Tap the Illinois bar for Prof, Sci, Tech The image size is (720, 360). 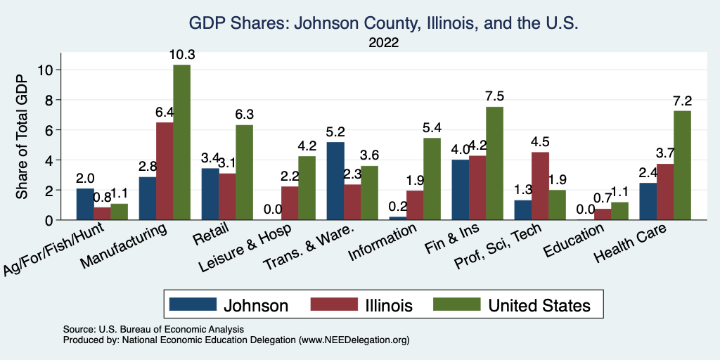pos(541,186)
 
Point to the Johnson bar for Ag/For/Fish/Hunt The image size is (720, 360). pos(84,204)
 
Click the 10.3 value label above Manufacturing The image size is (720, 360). pos(181,55)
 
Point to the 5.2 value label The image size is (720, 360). pos(335,132)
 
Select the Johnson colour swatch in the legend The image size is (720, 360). pos(192,304)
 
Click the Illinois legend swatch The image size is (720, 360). pos(333,304)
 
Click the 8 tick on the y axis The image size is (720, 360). pos(49,100)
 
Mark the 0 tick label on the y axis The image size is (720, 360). pos(49,220)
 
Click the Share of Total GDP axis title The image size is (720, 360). pos(22,137)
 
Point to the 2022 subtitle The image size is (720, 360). pos(383,44)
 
